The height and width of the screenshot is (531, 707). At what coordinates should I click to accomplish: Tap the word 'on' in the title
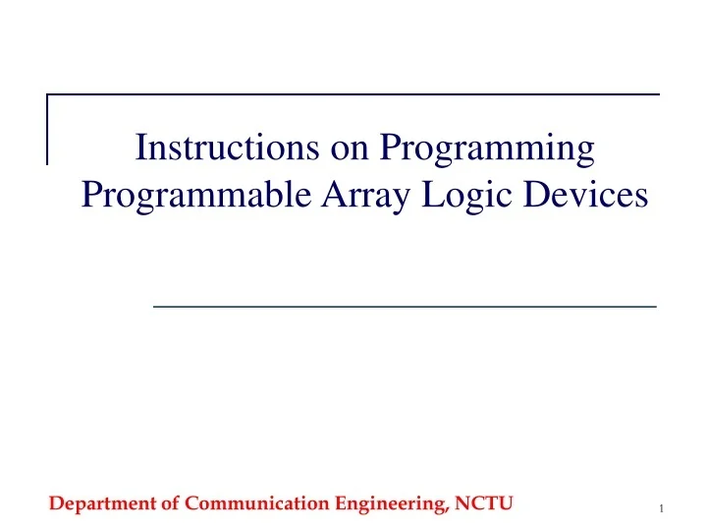(x=338, y=149)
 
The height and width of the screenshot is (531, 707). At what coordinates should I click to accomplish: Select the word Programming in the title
(x=487, y=149)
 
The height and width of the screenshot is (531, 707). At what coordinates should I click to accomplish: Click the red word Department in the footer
(x=103, y=504)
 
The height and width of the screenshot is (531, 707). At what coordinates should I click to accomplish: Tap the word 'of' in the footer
(x=171, y=504)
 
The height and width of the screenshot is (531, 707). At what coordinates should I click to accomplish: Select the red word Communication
(x=257, y=504)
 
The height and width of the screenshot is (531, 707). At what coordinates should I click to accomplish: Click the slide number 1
(x=663, y=508)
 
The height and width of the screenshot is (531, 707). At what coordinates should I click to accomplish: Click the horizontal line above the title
(x=353, y=94)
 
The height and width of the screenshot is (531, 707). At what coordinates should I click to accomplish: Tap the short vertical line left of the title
(x=48, y=128)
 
